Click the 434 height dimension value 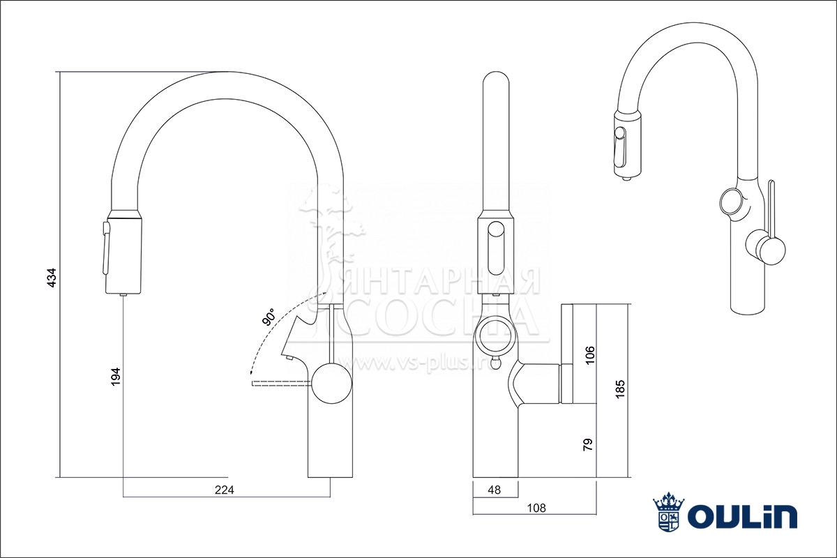(x=52, y=278)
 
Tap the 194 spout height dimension (x=116, y=377)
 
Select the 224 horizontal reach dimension (x=224, y=490)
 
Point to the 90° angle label (x=269, y=317)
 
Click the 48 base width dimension (x=494, y=490)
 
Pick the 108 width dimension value (x=536, y=508)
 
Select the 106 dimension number (x=589, y=356)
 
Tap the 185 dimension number (x=619, y=389)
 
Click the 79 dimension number (x=588, y=444)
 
